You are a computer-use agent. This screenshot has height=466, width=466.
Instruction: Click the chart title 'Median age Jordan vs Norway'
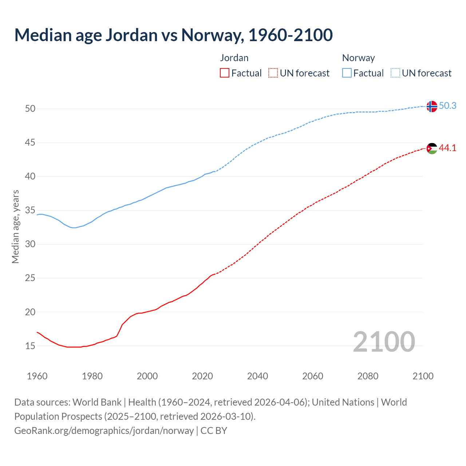point(173,35)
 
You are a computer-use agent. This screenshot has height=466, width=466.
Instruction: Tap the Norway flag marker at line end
point(431,106)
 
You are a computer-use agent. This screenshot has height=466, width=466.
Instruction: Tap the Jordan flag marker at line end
point(431,149)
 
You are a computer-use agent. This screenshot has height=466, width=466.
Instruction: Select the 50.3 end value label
point(447,106)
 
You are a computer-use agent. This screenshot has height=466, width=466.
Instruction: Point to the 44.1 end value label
point(447,148)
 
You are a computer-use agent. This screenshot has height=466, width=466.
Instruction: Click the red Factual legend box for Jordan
point(225,73)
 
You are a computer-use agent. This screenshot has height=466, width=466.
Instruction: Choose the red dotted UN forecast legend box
point(273,73)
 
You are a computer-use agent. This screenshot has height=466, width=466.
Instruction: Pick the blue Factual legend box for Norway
point(347,73)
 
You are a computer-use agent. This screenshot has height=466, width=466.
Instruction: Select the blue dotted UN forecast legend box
point(395,73)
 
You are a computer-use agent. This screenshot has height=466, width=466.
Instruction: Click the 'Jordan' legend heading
point(234,58)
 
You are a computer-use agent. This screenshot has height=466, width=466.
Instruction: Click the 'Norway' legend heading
point(358,58)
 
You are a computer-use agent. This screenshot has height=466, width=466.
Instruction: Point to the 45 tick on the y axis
point(30,143)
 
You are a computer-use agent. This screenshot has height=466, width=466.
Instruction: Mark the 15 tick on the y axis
point(30,346)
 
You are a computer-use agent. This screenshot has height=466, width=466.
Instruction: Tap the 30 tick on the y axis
point(30,244)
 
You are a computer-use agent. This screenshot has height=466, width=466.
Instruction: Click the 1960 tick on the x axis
point(37,376)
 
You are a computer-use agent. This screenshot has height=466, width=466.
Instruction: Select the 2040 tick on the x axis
point(257,376)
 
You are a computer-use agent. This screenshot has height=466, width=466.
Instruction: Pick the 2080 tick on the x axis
point(368,376)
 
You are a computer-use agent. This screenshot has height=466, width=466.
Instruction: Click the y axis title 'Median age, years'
point(15,226)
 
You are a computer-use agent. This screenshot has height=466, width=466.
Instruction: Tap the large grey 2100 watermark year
point(384,342)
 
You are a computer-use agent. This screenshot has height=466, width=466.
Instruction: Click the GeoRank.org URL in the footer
point(104,431)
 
